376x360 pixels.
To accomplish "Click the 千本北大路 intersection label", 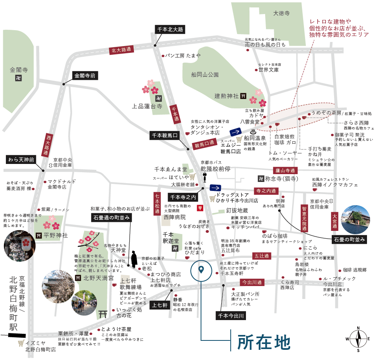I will click(170, 29).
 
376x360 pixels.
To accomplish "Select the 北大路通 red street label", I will click(121, 50).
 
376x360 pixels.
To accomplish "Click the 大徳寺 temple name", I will click(282, 13).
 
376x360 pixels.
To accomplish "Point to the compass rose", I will click(358, 338).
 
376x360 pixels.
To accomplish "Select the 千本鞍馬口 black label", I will click(164, 135).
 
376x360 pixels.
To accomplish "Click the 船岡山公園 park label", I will click(205, 74).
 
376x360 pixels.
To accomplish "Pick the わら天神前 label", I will click(21, 160).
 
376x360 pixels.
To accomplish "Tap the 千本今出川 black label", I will click(230, 315).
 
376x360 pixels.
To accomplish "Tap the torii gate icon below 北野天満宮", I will click(103, 314).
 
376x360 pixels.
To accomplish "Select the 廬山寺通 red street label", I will click(285, 170).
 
